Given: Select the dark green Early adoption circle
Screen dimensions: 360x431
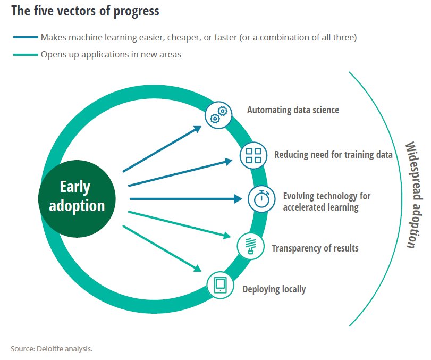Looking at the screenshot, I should (x=77, y=197).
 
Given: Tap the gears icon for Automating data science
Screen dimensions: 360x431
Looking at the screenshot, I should (x=218, y=115).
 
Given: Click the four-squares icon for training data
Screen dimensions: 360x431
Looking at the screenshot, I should (x=253, y=155).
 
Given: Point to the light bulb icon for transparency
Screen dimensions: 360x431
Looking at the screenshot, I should (x=250, y=245).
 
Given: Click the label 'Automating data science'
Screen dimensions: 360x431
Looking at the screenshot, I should (x=293, y=110).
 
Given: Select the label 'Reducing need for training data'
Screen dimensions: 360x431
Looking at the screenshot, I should (x=333, y=155).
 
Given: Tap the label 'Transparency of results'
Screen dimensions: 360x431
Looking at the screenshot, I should (x=315, y=248).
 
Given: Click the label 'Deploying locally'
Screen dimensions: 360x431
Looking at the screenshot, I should (x=274, y=289).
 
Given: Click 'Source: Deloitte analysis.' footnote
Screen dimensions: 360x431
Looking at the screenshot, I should (x=52, y=349).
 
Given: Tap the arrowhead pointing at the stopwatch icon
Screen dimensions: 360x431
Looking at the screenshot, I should (x=237, y=199).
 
